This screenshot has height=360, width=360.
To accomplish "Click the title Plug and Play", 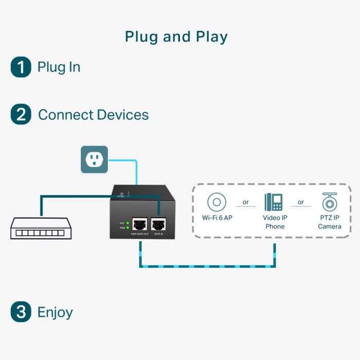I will [x=176, y=37].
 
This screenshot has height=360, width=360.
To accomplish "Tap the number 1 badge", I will [x=21, y=67].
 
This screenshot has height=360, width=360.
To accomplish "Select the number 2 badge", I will [x=21, y=114].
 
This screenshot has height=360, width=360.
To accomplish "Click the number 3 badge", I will [x=21, y=312].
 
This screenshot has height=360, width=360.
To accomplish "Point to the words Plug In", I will [x=59, y=67].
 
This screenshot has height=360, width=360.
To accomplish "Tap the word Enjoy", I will [x=55, y=312].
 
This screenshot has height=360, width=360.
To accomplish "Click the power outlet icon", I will [x=94, y=159].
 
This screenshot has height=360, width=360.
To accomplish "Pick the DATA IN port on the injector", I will [x=158, y=224].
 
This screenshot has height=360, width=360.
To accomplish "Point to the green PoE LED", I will [x=126, y=223].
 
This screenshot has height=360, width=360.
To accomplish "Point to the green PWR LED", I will [x=126, y=228].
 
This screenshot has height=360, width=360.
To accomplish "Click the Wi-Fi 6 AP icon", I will [x=217, y=202].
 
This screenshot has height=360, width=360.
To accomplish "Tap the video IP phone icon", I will [x=274, y=202].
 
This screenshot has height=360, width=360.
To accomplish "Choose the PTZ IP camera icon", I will [x=329, y=202].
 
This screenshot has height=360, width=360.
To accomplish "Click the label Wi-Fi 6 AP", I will [x=217, y=218].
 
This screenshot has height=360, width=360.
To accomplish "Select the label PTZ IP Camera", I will [x=329, y=222].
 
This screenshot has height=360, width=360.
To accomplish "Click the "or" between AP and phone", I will [x=246, y=202].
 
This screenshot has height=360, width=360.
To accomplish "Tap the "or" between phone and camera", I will [x=301, y=202].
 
